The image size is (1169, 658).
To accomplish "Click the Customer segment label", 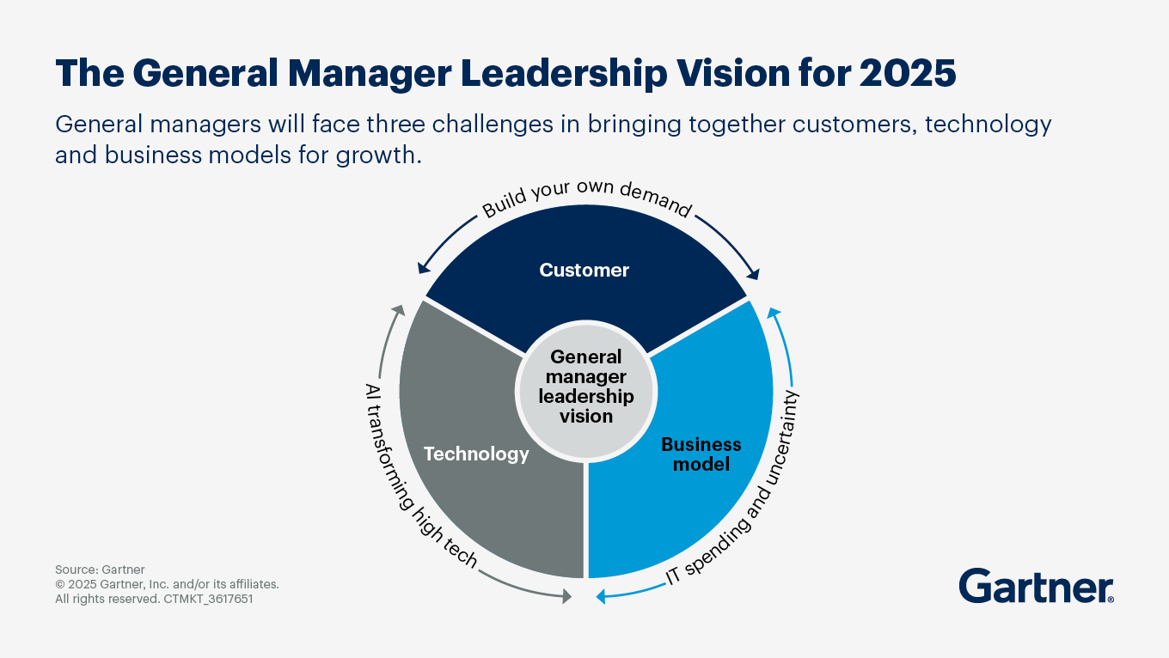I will click(584, 271).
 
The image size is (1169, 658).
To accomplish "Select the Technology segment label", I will click(476, 454).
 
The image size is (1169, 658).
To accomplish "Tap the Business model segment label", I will click(701, 454).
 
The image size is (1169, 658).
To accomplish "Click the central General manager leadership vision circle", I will click(586, 386).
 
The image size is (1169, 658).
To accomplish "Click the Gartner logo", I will click(1037, 586).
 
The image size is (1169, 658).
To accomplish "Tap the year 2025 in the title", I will click(908, 75).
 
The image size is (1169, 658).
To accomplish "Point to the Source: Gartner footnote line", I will click(100, 570).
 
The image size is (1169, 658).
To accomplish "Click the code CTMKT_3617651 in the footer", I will click(208, 600).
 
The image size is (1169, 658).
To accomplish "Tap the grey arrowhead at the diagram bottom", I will click(566, 595).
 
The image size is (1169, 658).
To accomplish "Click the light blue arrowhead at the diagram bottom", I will click(601, 595).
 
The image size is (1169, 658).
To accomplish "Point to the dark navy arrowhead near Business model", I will click(754, 275).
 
